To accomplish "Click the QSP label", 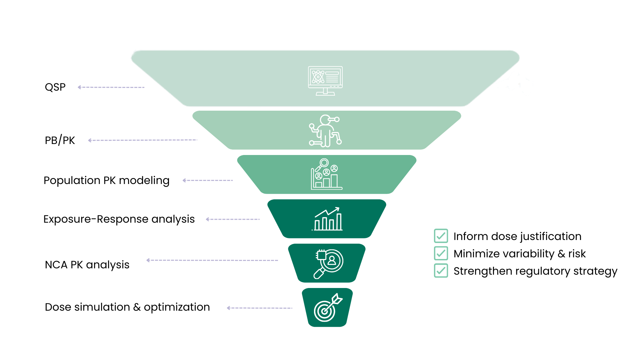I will pyautogui.click(x=55, y=87).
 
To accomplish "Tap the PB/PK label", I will pyautogui.click(x=60, y=140).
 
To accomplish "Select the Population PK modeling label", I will pyautogui.click(x=106, y=180).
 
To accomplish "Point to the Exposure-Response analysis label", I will pyautogui.click(x=119, y=219).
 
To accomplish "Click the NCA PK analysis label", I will pyautogui.click(x=87, y=265).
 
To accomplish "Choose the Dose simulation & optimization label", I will pyautogui.click(x=127, y=307).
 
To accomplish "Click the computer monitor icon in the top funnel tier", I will pyautogui.click(x=325, y=81).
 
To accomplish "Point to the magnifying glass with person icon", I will pyautogui.click(x=328, y=263).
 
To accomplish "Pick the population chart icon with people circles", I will pyautogui.click(x=326, y=174).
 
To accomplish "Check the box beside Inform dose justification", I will pyautogui.click(x=441, y=236).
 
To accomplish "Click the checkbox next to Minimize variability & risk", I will pyautogui.click(x=441, y=253).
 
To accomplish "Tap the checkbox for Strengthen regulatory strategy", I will pyautogui.click(x=441, y=271).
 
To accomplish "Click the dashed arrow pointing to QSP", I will pyautogui.click(x=111, y=87).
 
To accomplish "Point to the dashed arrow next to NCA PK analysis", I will pyautogui.click(x=212, y=260).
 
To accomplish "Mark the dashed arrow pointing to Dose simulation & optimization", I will pyautogui.click(x=259, y=308).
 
